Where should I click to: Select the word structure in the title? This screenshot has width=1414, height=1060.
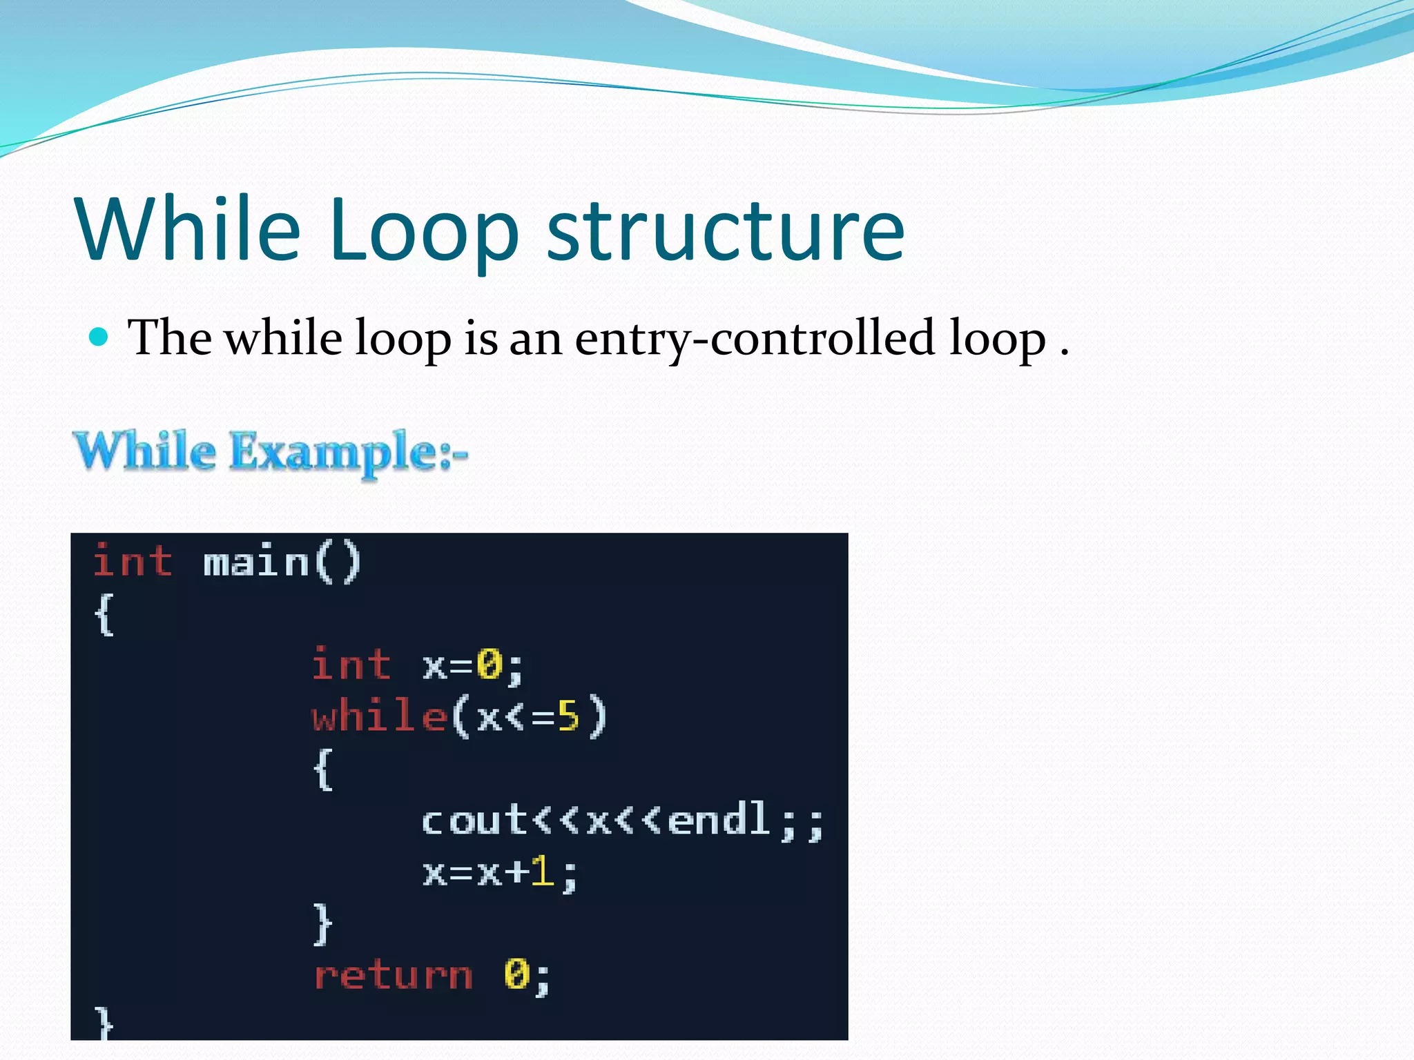tap(725, 231)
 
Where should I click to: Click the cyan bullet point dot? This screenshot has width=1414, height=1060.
tap(99, 337)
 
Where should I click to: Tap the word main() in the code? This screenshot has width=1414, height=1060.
tap(282, 562)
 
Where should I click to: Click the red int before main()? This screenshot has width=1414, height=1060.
tap(133, 560)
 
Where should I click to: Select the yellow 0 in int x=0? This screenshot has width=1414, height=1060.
tap(490, 665)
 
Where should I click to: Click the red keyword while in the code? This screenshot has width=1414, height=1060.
tap(379, 716)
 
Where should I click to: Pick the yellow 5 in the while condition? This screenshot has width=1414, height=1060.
tap(568, 716)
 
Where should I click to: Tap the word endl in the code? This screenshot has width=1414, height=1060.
tap(719, 821)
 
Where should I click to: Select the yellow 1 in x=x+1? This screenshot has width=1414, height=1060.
tap(543, 872)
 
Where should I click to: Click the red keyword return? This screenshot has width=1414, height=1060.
tap(393, 976)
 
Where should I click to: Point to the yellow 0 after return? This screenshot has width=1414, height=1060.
tap(517, 974)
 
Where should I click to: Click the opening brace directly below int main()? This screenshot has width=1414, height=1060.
tap(104, 614)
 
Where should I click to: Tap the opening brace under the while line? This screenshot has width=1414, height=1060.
tap(323, 769)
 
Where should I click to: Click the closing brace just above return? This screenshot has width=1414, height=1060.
tap(323, 923)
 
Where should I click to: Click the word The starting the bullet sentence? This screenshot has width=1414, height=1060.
tap(170, 338)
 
